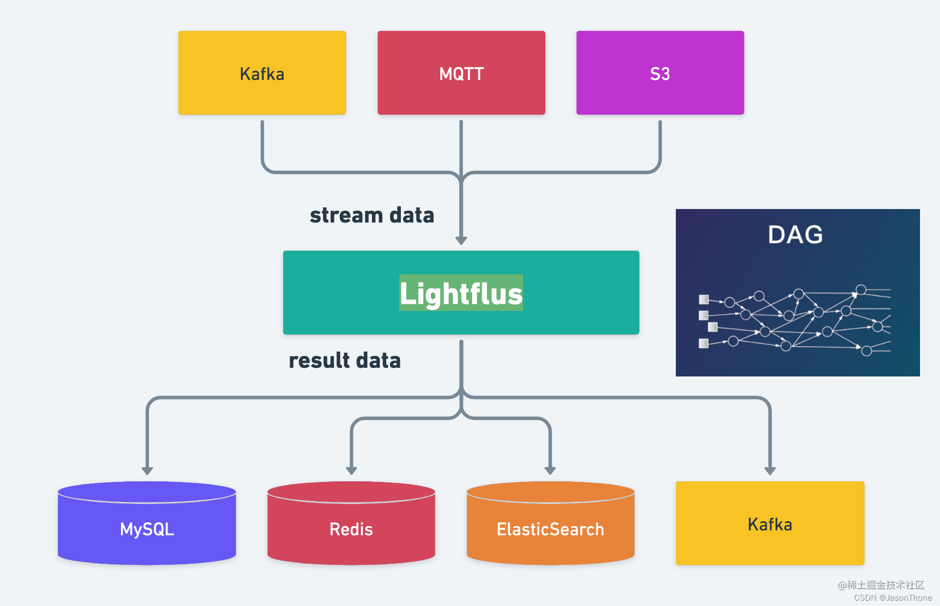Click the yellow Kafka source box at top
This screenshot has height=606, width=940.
(262, 73)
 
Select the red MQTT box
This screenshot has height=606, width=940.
(461, 73)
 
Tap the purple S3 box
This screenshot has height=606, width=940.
(660, 73)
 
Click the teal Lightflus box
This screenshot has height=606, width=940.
(461, 293)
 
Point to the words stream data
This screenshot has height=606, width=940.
(372, 215)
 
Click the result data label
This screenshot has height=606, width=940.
(345, 360)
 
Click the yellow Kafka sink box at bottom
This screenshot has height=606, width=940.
(770, 524)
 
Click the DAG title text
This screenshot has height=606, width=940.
(795, 234)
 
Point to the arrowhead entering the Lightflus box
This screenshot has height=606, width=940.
(461, 240)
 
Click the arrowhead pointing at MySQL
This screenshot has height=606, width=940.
(147, 470)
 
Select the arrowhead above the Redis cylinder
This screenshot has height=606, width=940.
(351, 470)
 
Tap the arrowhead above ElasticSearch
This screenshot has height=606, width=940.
(550, 470)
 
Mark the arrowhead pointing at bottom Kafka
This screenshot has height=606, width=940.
(770, 470)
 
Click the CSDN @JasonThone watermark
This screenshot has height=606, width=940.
(892, 597)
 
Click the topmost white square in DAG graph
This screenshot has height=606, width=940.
(703, 299)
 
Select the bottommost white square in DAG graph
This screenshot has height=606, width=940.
(703, 344)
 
